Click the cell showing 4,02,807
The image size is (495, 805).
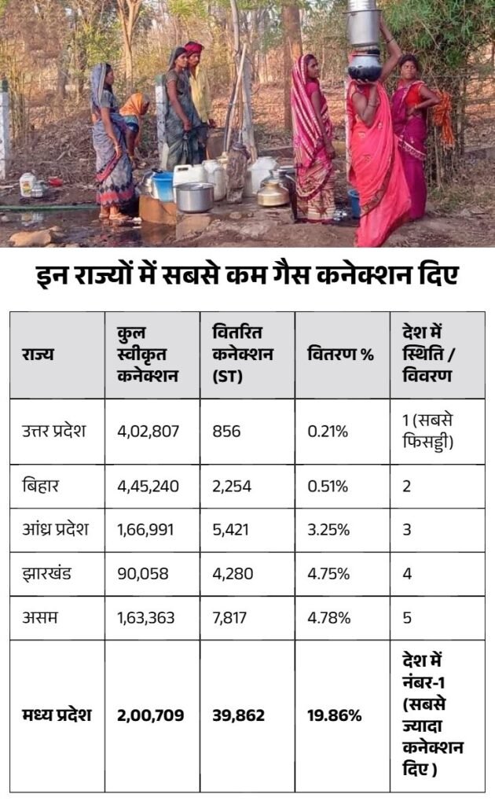pos(148,431)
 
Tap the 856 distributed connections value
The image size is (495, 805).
pos(226,431)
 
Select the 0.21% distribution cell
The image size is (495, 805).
pos(328,431)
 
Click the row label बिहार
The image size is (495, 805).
pos(41,485)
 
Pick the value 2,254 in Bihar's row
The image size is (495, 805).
pos(232,486)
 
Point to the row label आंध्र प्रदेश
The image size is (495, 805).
pos(56,529)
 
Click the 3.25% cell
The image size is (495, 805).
pos(328,530)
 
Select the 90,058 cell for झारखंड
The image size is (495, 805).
pos(142,573)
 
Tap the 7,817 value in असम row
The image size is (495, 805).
pos(229,617)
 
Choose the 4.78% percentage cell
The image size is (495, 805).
pos(328,617)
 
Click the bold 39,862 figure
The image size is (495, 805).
pos(239,715)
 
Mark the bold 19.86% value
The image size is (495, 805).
pos(335,715)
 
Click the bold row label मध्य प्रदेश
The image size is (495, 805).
pos(57,715)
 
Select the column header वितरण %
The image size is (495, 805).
pos(340,355)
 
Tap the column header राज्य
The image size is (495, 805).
pos(38,355)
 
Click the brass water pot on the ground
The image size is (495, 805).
pos(273,193)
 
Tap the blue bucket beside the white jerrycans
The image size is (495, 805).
pos(163,186)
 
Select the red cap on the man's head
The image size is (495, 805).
pos(193,48)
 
